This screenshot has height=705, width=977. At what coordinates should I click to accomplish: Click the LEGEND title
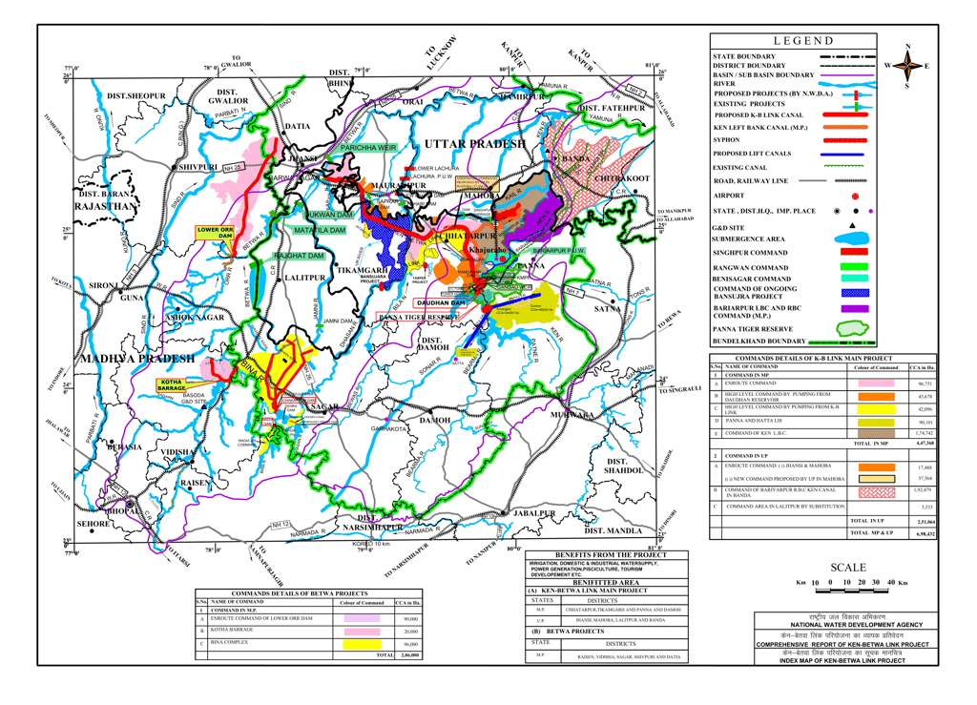[803, 41]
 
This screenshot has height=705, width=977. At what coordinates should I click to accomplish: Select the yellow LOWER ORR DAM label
[215, 233]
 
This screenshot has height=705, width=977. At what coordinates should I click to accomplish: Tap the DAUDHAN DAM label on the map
[440, 302]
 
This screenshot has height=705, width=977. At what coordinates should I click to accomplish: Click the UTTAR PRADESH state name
[475, 143]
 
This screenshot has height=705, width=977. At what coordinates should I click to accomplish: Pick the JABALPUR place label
[533, 513]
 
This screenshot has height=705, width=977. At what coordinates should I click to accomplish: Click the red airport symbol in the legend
[854, 196]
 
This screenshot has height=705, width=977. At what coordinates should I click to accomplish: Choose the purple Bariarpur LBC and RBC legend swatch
[854, 309]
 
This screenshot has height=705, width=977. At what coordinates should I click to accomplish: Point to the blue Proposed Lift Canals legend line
[854, 154]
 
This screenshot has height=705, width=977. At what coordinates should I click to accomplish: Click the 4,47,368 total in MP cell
[921, 444]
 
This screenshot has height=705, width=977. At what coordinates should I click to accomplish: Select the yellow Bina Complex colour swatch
[362, 645]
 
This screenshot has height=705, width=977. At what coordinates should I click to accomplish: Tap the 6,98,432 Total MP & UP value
[921, 533]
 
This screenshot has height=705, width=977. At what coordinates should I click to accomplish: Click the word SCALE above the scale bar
[848, 567]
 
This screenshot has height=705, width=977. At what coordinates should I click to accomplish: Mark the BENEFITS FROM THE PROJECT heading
[611, 554]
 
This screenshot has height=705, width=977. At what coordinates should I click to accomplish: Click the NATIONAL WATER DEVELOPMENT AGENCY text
[849, 624]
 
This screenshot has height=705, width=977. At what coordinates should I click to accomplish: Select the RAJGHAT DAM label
[299, 257]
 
